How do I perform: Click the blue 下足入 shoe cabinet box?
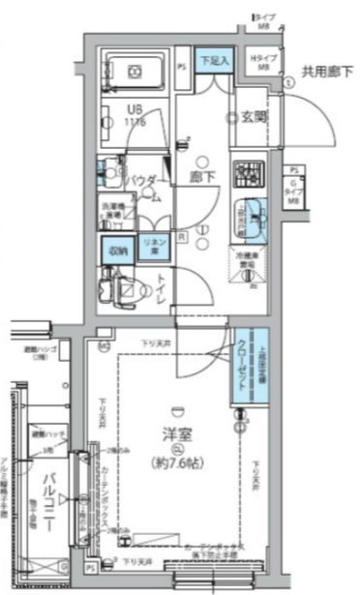click(x=214, y=60)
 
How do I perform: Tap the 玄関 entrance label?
click(x=255, y=118)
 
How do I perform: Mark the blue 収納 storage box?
click(x=118, y=248)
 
